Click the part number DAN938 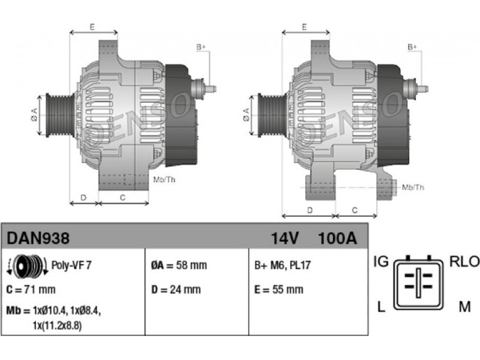[x=38, y=238]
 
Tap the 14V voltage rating [x=284, y=238]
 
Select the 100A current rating [x=338, y=238]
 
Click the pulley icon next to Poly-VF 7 [x=27, y=265]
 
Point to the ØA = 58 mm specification [x=179, y=265]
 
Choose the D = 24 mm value [x=176, y=289]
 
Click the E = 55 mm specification [x=279, y=289]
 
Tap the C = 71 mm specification [x=31, y=289]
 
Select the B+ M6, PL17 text [x=283, y=265]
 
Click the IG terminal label [x=381, y=262]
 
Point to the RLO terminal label [x=464, y=262]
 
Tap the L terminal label [x=381, y=307]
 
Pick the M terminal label [x=464, y=307]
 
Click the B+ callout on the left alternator [x=201, y=47]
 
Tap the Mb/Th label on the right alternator [x=413, y=187]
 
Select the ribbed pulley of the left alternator [x=60, y=115]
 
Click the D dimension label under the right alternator [x=310, y=211]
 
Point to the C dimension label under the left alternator [x=122, y=198]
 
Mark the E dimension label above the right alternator [x=304, y=27]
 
